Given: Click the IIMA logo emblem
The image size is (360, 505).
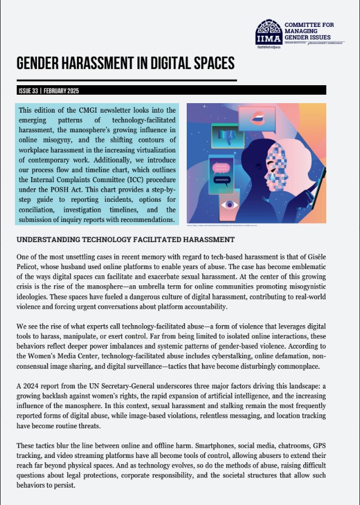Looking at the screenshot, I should tap(269, 34).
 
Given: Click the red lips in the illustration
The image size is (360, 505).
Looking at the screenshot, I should tap(256, 117).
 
